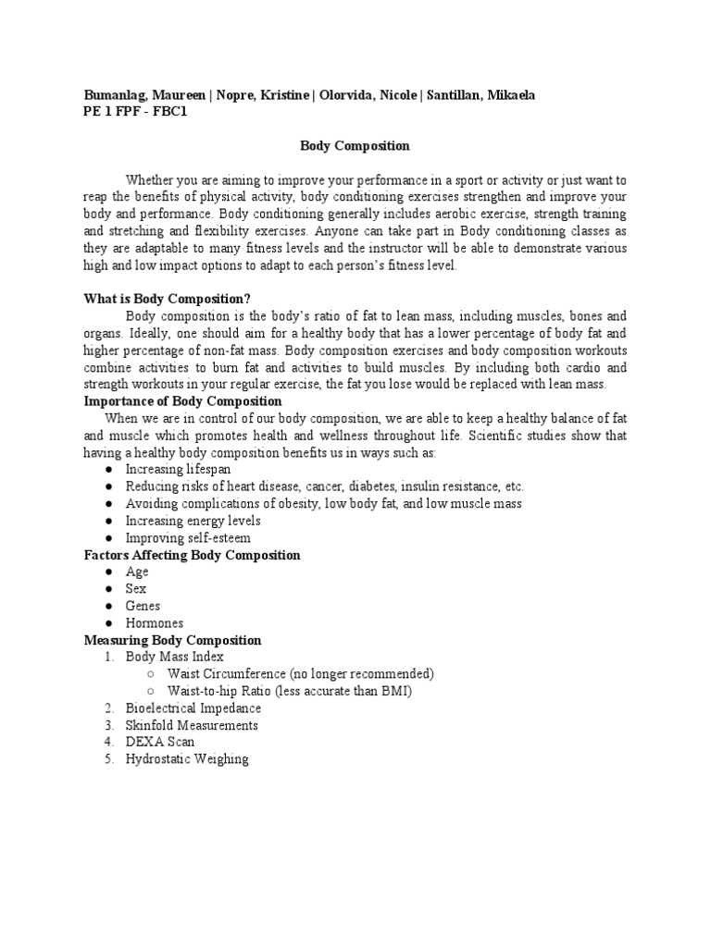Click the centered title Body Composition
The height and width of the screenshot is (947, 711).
tap(355, 146)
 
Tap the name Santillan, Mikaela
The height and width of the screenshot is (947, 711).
tap(491, 95)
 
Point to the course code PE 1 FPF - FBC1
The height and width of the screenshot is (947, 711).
tap(135, 112)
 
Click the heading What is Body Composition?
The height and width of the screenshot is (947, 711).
tap(168, 298)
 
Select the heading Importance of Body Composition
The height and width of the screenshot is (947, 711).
tap(182, 401)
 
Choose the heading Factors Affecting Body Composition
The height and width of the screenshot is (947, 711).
tap(192, 555)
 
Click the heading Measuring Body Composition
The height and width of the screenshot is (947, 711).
tap(172, 640)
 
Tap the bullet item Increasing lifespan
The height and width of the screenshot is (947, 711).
tap(179, 470)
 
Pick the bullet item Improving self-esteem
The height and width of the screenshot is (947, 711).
tap(188, 538)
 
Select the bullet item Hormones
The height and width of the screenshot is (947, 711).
tap(155, 623)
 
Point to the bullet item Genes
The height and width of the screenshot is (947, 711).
tap(143, 606)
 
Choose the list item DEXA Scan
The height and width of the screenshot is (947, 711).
tap(160, 742)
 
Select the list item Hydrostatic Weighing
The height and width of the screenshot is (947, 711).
tap(187, 759)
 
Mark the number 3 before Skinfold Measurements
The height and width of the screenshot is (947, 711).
tap(107, 726)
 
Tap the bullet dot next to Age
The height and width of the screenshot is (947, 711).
tap(108, 572)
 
